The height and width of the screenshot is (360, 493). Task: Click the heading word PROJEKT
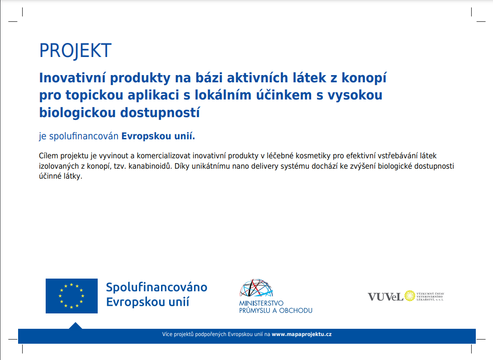click(x=75, y=51)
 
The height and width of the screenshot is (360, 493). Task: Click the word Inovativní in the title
click(x=73, y=78)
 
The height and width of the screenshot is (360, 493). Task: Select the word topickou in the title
click(x=95, y=95)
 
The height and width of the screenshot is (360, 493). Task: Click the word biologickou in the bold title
click(x=77, y=113)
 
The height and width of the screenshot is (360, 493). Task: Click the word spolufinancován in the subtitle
click(x=84, y=137)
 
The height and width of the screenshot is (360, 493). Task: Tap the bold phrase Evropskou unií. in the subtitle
click(x=158, y=137)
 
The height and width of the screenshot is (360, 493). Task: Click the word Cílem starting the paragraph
click(x=48, y=156)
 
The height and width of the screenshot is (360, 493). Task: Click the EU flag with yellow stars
click(x=71, y=296)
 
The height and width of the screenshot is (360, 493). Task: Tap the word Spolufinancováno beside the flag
click(x=156, y=287)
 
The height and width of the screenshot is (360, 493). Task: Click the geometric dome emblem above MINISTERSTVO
click(x=256, y=288)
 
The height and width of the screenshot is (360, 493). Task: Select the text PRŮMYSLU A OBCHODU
click(x=276, y=311)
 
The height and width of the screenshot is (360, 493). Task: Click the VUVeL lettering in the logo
click(x=385, y=297)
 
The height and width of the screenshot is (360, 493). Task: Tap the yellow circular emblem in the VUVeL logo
click(x=410, y=296)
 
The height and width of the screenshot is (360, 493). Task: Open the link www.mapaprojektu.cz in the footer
click(x=302, y=335)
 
